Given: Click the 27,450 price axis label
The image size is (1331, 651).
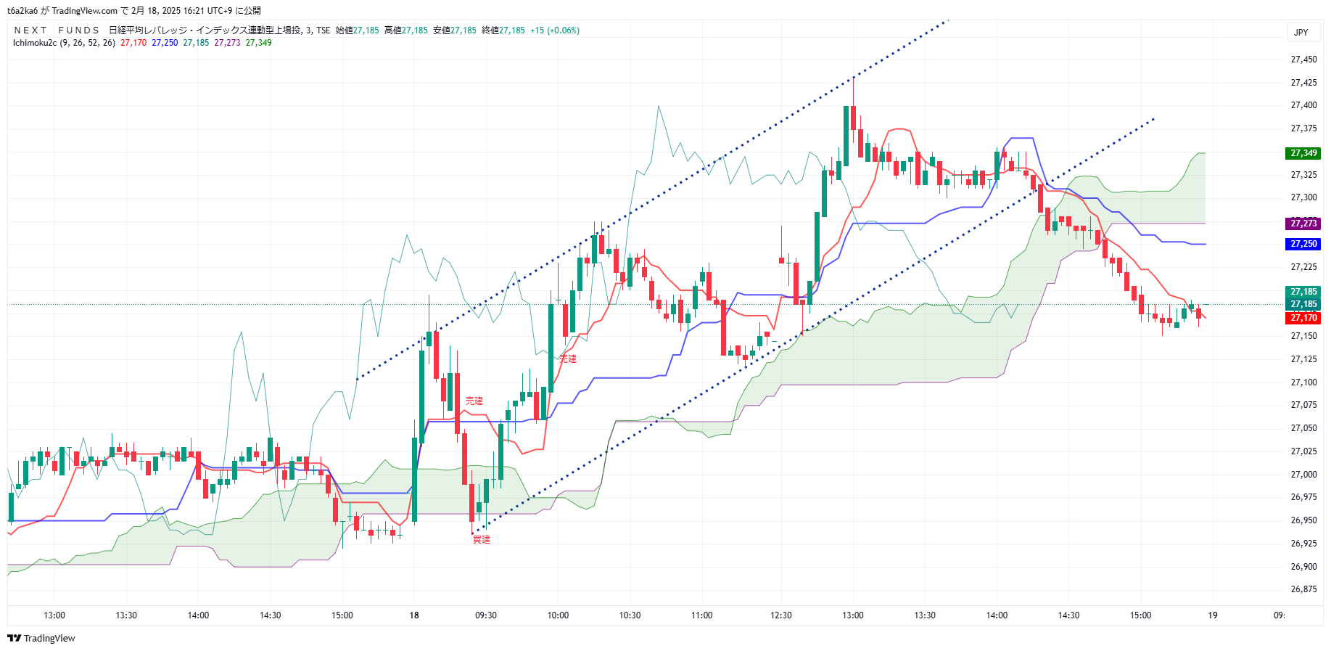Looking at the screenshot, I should tap(1303, 60).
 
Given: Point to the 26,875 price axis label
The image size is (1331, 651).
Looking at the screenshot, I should tap(1303, 589).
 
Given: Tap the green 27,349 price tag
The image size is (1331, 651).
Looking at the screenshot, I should tap(1303, 153).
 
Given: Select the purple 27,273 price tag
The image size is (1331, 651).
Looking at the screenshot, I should tap(1303, 224).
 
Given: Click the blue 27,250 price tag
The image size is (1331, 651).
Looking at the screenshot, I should tap(1303, 244).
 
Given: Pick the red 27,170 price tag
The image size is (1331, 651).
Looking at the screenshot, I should tap(1303, 318).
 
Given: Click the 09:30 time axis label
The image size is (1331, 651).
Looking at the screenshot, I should tap(486, 615).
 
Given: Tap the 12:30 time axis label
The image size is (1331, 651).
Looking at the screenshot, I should tap(781, 615).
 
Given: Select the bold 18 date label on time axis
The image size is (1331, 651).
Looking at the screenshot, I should tap(414, 615).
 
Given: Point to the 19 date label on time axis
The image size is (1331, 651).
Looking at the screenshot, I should tap(1213, 615).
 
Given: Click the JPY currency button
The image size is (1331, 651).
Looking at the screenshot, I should tap(1301, 32).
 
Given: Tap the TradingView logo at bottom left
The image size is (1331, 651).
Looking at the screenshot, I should tap(41, 639).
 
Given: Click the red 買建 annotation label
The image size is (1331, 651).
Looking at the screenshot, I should tap(482, 540).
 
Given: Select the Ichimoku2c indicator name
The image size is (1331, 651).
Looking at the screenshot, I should tap(34, 43).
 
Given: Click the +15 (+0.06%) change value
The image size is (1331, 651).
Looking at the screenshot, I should tap(555, 30).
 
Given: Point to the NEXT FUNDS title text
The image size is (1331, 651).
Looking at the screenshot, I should tap(57, 30).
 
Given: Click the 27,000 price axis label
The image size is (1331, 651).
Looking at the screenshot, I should tap(1303, 475).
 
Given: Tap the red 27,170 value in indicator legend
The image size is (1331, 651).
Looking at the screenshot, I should tap(133, 43).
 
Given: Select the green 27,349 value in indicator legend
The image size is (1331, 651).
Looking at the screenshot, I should tap(258, 43).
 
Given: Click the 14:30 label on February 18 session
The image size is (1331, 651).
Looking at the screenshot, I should tap(1068, 615).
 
